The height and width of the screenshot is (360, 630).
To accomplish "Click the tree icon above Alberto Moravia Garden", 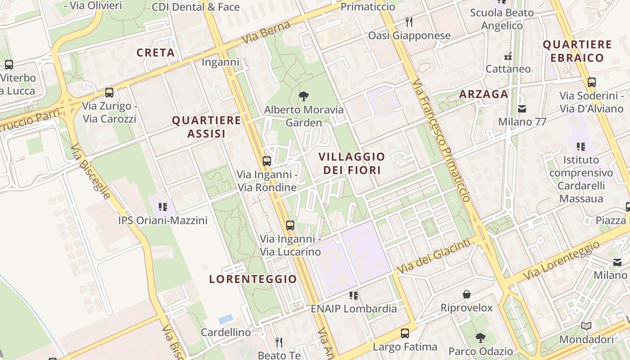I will click(x=304, y=95).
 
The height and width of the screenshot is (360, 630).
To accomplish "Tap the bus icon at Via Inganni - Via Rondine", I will click(x=267, y=161).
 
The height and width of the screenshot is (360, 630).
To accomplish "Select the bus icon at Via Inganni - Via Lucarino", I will click(x=290, y=225).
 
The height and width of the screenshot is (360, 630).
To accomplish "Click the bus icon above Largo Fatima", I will click(x=405, y=333).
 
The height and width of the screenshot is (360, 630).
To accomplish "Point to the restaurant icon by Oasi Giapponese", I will click(x=409, y=22).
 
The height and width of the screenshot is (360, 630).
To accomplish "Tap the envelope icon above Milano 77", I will click(x=522, y=108).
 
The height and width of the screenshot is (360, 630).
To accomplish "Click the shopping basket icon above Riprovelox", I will click(x=467, y=294).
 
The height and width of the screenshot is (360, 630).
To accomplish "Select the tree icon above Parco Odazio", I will click(x=481, y=337).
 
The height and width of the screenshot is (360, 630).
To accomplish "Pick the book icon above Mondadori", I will click(x=586, y=326).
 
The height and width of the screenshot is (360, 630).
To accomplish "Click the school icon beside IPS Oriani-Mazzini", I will click(x=162, y=207).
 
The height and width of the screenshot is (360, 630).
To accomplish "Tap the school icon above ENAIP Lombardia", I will click(x=354, y=295).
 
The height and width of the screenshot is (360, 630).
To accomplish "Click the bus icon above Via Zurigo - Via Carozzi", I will click(x=109, y=93).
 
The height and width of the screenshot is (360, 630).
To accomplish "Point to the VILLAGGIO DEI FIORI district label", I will click(x=352, y=163).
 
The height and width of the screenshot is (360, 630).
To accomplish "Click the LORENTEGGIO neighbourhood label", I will click(x=253, y=279).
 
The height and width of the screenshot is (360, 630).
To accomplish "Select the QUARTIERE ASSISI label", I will click(x=207, y=127).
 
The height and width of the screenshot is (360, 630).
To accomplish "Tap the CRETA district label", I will click(x=156, y=53).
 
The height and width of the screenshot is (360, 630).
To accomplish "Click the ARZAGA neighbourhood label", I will click(x=484, y=94).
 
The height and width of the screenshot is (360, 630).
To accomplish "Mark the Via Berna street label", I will click(x=264, y=33).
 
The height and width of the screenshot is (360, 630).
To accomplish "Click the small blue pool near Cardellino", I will click(x=225, y=319).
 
